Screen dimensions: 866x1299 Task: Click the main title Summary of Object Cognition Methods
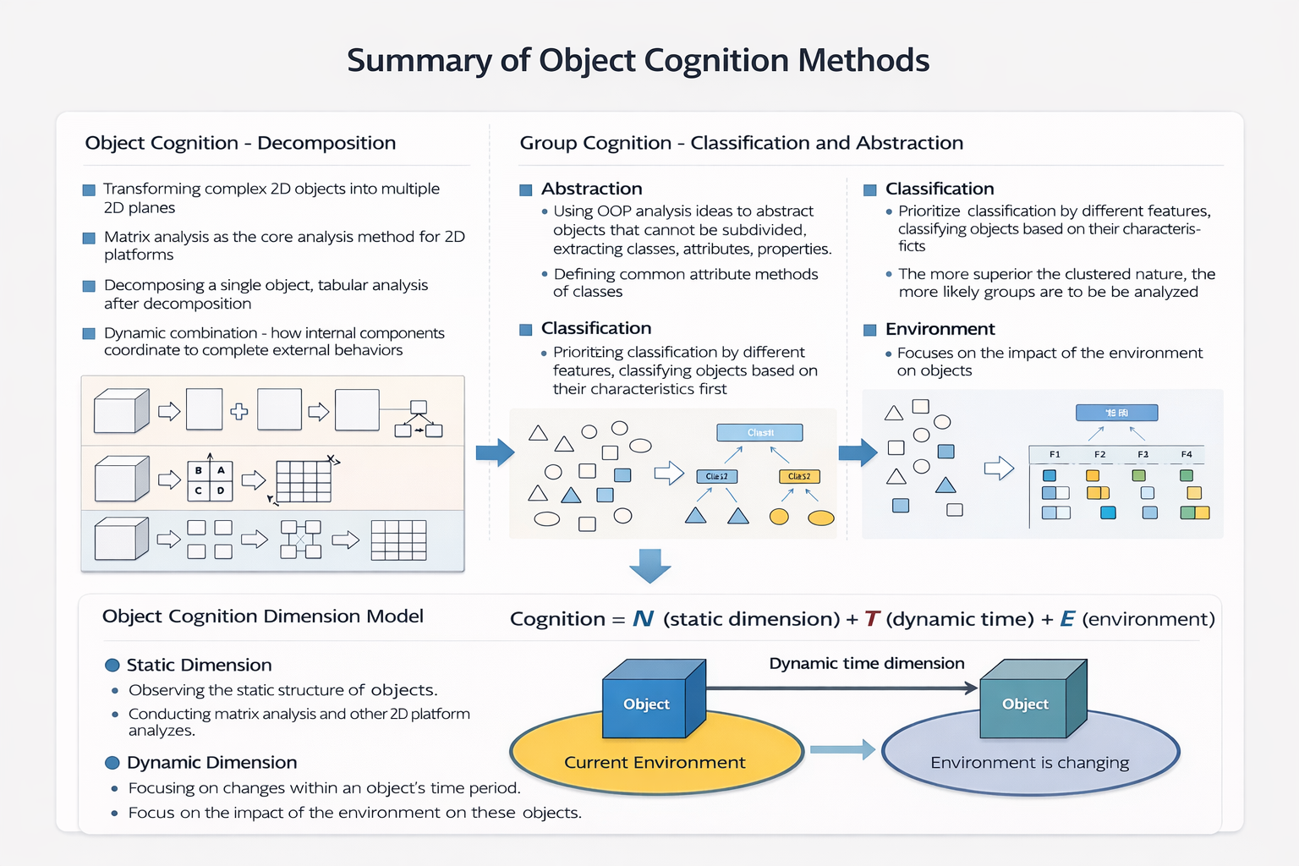click(x=638, y=61)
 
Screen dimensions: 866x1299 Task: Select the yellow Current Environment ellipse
click(x=655, y=761)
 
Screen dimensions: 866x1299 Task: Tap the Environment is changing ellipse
click(x=1029, y=761)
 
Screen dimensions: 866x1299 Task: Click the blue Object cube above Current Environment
click(x=647, y=704)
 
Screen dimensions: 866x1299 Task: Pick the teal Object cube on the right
click(x=1025, y=704)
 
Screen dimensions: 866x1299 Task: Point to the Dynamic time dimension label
click(x=866, y=664)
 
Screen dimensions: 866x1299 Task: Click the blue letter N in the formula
click(x=643, y=619)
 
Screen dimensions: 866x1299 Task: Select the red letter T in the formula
click(x=872, y=619)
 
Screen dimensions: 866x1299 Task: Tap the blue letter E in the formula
click(x=1067, y=619)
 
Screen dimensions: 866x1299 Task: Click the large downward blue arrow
click(x=650, y=565)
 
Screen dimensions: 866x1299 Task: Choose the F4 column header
click(x=1187, y=455)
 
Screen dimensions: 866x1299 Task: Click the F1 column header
click(x=1055, y=455)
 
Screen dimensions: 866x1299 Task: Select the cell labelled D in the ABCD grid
click(x=221, y=491)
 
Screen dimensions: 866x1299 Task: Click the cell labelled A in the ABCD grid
click(x=221, y=470)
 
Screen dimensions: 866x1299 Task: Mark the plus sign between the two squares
click(x=239, y=412)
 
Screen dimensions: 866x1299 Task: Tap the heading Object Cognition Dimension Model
click(x=262, y=617)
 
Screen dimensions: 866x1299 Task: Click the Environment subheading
click(x=940, y=329)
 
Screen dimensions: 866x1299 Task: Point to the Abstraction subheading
click(x=591, y=189)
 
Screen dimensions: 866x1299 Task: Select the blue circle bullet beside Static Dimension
click(x=112, y=666)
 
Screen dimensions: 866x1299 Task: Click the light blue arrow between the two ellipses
click(x=841, y=749)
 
